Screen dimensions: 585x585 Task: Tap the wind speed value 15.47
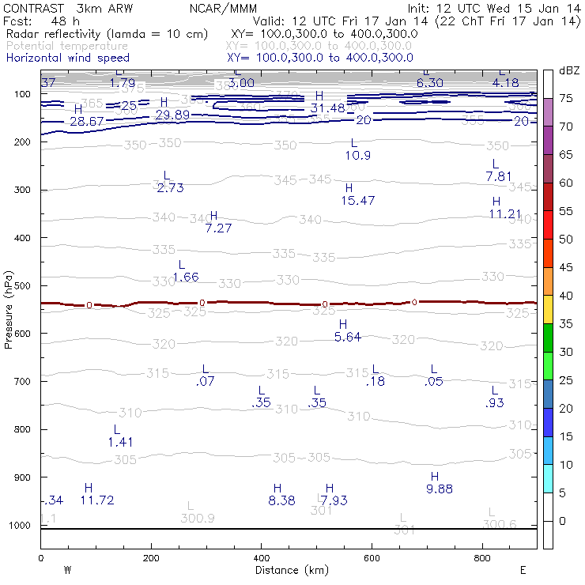pyautogui.click(x=358, y=201)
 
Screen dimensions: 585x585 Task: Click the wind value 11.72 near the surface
pyautogui.click(x=97, y=500)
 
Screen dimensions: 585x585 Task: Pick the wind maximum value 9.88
pyautogui.click(x=440, y=489)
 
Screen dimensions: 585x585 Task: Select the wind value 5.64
pyautogui.click(x=348, y=337)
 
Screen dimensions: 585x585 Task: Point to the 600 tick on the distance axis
pyautogui.click(x=372, y=557)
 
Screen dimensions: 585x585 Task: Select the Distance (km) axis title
pyautogui.click(x=288, y=570)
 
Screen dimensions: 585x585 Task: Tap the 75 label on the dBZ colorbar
pyautogui.click(x=566, y=98)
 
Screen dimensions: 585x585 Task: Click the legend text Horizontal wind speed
pyautogui.click(x=67, y=58)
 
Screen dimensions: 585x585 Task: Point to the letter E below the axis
pyautogui.click(x=523, y=570)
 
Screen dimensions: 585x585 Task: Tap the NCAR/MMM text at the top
pyautogui.click(x=224, y=8)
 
